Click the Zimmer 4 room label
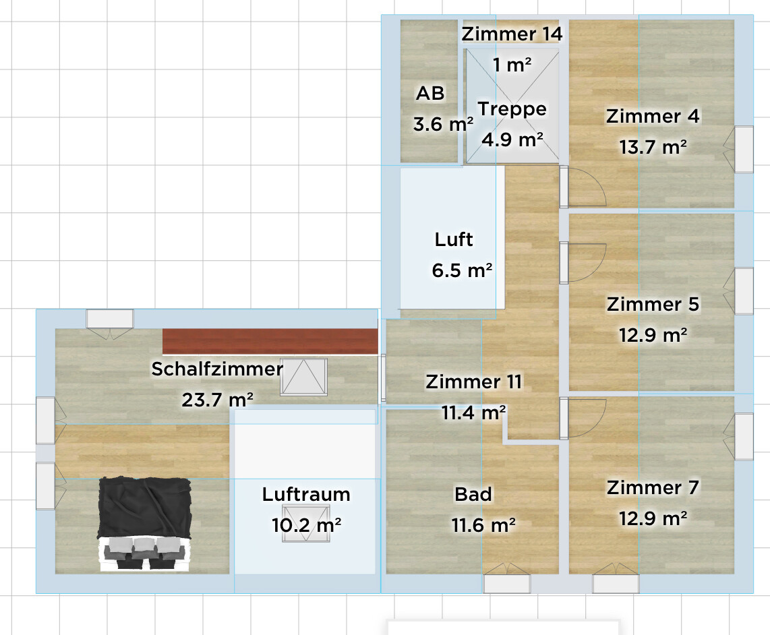653,117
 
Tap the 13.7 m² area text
653,146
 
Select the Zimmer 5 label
653,305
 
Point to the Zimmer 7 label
653,487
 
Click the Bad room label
473,495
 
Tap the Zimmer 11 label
473,382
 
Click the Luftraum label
306,495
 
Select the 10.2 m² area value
306,524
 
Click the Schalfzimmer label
216,369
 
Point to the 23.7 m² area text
217,400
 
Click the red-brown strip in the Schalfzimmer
269,341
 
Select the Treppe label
512,109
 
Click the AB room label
430,94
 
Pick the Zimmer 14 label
512,34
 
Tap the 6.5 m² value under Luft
462,270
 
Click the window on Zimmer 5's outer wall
743,291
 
